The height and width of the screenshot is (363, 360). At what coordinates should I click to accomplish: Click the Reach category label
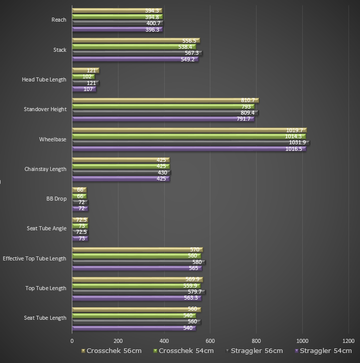[59, 20]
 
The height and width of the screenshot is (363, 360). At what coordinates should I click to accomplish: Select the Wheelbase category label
[53, 139]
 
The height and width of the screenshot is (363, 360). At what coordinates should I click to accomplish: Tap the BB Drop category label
[56, 199]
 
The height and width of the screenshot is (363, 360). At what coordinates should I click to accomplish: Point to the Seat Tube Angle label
[46, 228]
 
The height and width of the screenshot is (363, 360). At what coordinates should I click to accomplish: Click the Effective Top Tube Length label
[34, 258]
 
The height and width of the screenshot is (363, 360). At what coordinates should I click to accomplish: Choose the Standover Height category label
[45, 109]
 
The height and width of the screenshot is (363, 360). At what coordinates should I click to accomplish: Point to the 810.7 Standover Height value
[248, 101]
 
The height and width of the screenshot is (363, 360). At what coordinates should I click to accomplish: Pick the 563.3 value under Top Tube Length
[191, 298]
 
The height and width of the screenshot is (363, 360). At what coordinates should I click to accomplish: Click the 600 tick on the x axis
[210, 340]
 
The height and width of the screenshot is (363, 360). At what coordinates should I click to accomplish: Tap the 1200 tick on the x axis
[348, 340]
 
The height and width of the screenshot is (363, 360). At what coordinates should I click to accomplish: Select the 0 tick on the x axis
[72, 340]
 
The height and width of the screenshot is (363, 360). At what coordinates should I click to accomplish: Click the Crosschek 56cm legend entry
[109, 350]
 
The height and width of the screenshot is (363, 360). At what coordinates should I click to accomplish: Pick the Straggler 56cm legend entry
[255, 350]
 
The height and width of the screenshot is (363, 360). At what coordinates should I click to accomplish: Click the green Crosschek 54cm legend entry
[185, 350]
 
